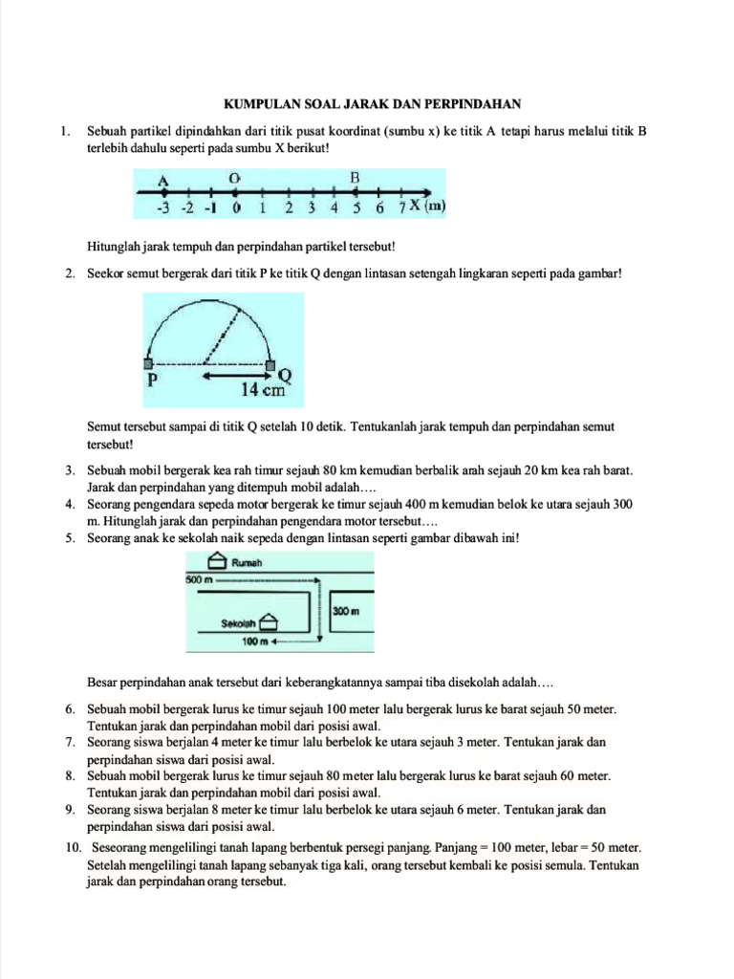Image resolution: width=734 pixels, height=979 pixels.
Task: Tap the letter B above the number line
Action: [356, 178]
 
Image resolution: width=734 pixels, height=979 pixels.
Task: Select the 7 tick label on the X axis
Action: [403, 207]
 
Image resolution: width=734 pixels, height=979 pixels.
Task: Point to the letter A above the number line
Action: [163, 180]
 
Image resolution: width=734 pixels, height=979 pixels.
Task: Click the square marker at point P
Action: [148, 364]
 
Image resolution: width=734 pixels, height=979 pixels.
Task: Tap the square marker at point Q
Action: [270, 365]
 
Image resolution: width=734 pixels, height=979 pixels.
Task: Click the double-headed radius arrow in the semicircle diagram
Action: [235, 375]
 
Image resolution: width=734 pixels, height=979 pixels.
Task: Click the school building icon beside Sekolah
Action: [269, 623]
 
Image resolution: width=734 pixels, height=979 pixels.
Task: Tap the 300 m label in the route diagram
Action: [345, 610]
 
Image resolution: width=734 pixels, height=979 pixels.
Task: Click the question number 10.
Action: [74, 847]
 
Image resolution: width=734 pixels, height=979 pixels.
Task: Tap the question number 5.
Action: [71, 538]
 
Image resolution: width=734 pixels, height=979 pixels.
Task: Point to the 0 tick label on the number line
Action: [236, 207]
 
